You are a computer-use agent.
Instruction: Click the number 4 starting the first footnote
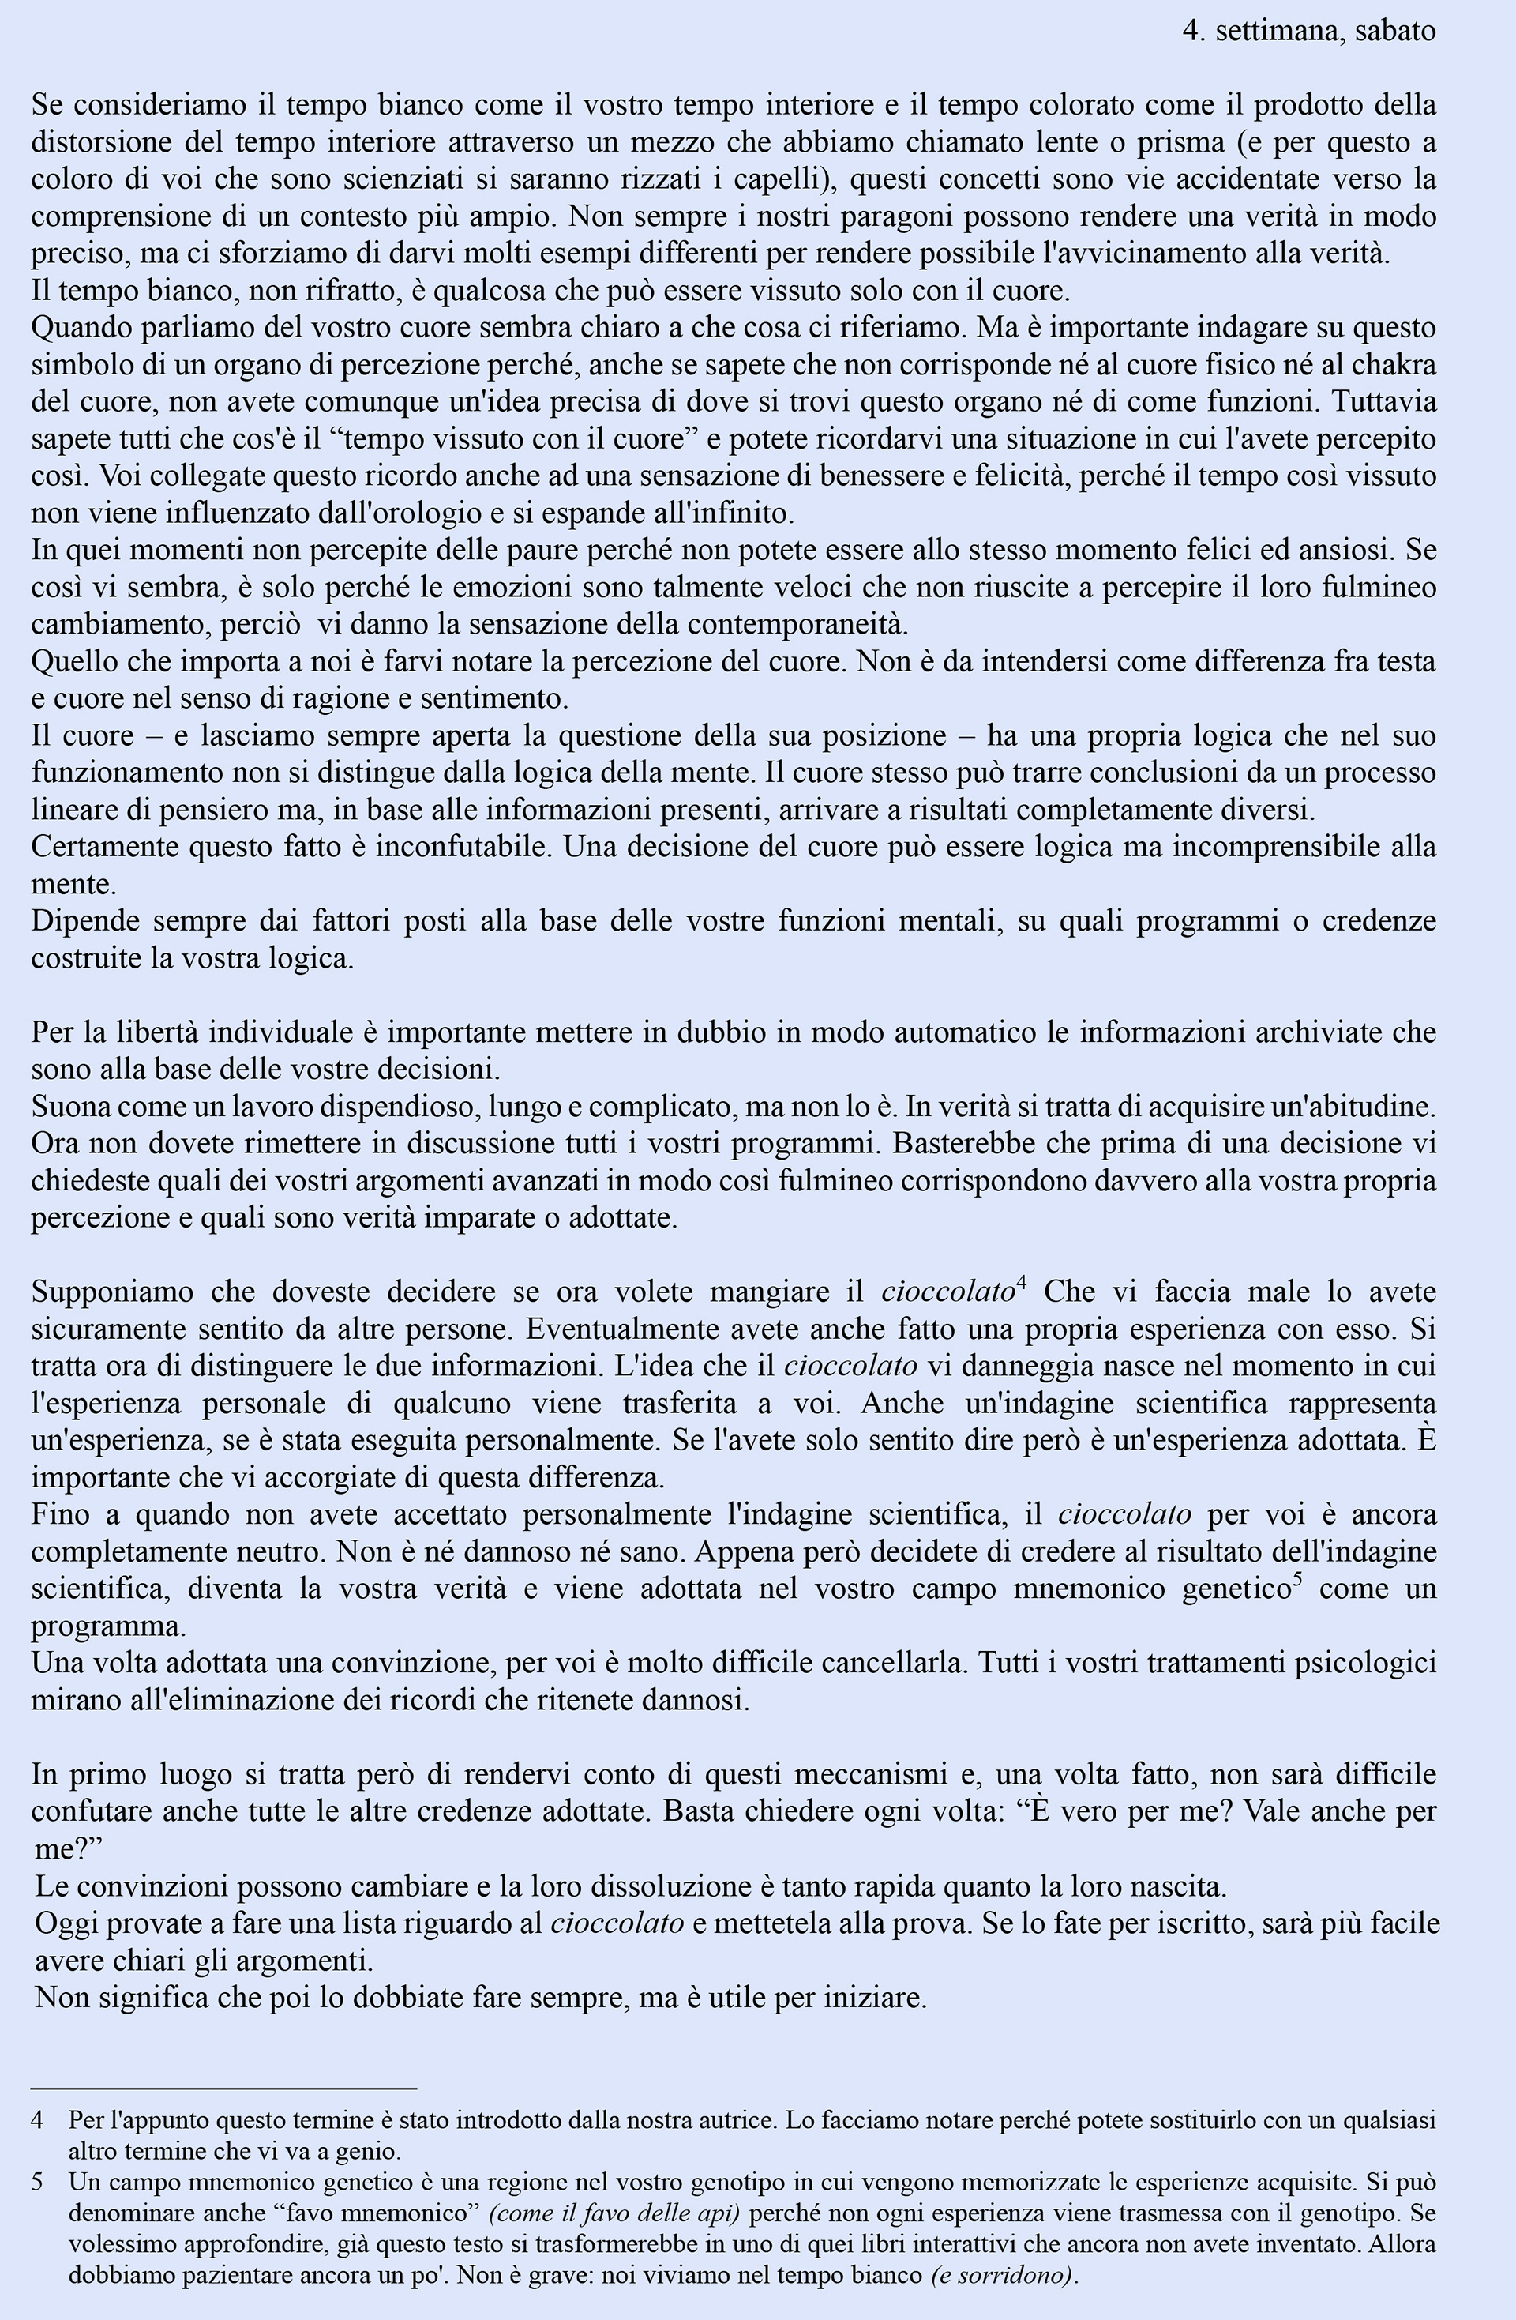pyautogui.click(x=38, y=2120)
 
